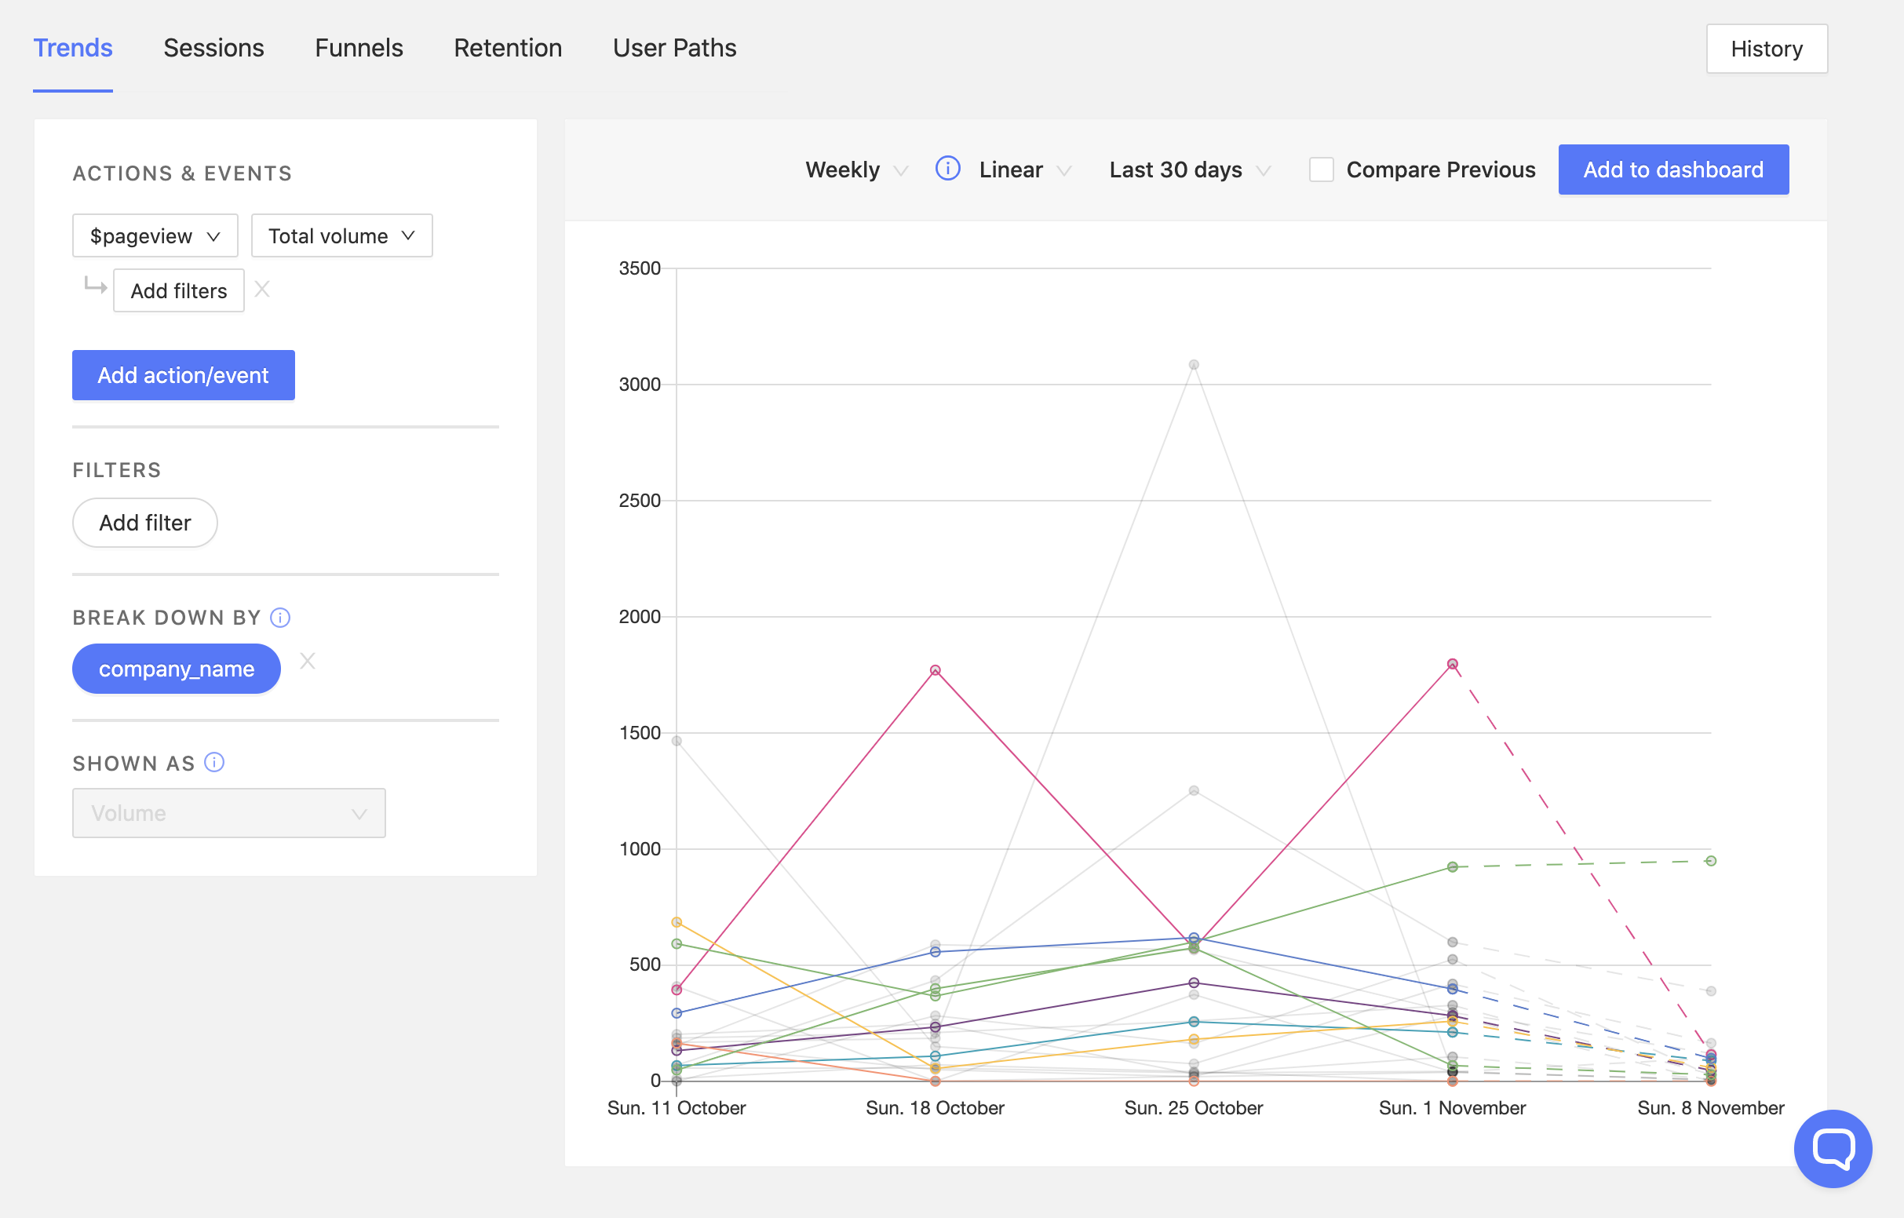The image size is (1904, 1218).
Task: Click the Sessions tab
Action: pyautogui.click(x=213, y=48)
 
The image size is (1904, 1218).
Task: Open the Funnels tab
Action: pyautogui.click(x=358, y=48)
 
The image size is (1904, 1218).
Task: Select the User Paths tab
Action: pyautogui.click(x=673, y=48)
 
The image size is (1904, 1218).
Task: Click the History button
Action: pyautogui.click(x=1766, y=49)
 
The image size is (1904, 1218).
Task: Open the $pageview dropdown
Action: pyautogui.click(x=155, y=235)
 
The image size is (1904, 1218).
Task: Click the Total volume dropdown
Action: pyautogui.click(x=341, y=235)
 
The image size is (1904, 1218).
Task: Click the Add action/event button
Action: pyautogui.click(x=184, y=375)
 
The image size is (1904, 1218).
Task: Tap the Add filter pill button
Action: pyautogui.click(x=144, y=523)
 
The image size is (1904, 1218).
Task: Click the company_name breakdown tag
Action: pyautogui.click(x=177, y=669)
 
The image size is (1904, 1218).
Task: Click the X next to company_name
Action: pyautogui.click(x=308, y=662)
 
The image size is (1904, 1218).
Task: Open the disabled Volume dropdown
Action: pyautogui.click(x=228, y=813)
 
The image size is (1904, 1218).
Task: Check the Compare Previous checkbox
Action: pyautogui.click(x=1320, y=170)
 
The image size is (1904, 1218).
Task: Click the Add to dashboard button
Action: pyautogui.click(x=1673, y=170)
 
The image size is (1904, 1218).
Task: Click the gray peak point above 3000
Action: pyautogui.click(x=1193, y=366)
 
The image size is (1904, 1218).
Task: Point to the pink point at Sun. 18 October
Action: pyautogui.click(x=935, y=671)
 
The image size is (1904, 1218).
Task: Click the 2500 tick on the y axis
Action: pyautogui.click(x=640, y=501)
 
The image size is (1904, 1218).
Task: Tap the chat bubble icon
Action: pyautogui.click(x=1832, y=1148)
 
